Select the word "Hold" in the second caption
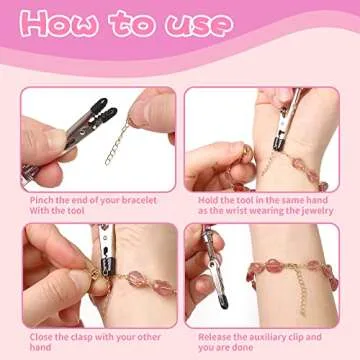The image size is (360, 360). (x=206, y=199)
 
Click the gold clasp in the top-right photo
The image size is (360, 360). (x=243, y=150)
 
